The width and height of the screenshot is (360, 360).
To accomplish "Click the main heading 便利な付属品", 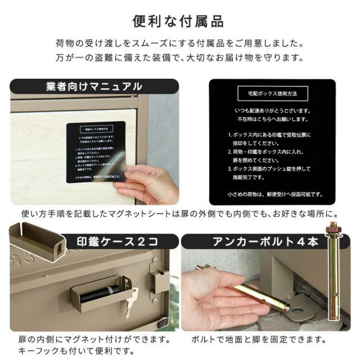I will point(179,22).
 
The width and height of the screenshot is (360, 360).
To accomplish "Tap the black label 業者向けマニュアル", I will point(94,87).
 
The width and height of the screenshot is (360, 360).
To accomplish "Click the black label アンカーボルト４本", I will point(258,242).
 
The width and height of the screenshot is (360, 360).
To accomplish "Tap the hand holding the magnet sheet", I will point(148,186).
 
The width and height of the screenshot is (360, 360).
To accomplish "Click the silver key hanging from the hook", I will point(132,301).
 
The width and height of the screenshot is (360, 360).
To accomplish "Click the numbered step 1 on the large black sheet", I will point(271,139).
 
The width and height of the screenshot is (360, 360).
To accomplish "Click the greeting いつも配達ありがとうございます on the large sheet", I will point(272,111).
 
